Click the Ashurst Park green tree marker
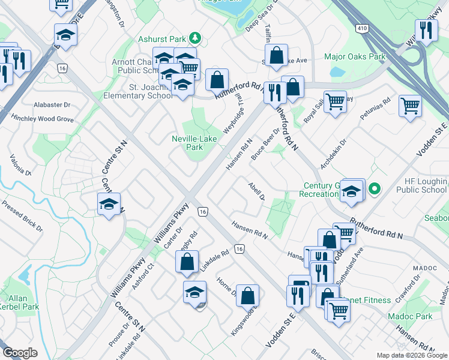pyautogui.click(x=194, y=39)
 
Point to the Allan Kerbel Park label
pyautogui.click(x=16, y=302)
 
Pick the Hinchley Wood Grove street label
pyautogui.click(x=42, y=119)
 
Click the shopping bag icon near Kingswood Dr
pyautogui.click(x=247, y=295)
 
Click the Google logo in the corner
pyautogui.click(x=20, y=353)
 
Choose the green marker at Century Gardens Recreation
pyautogui.click(x=375, y=190)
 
